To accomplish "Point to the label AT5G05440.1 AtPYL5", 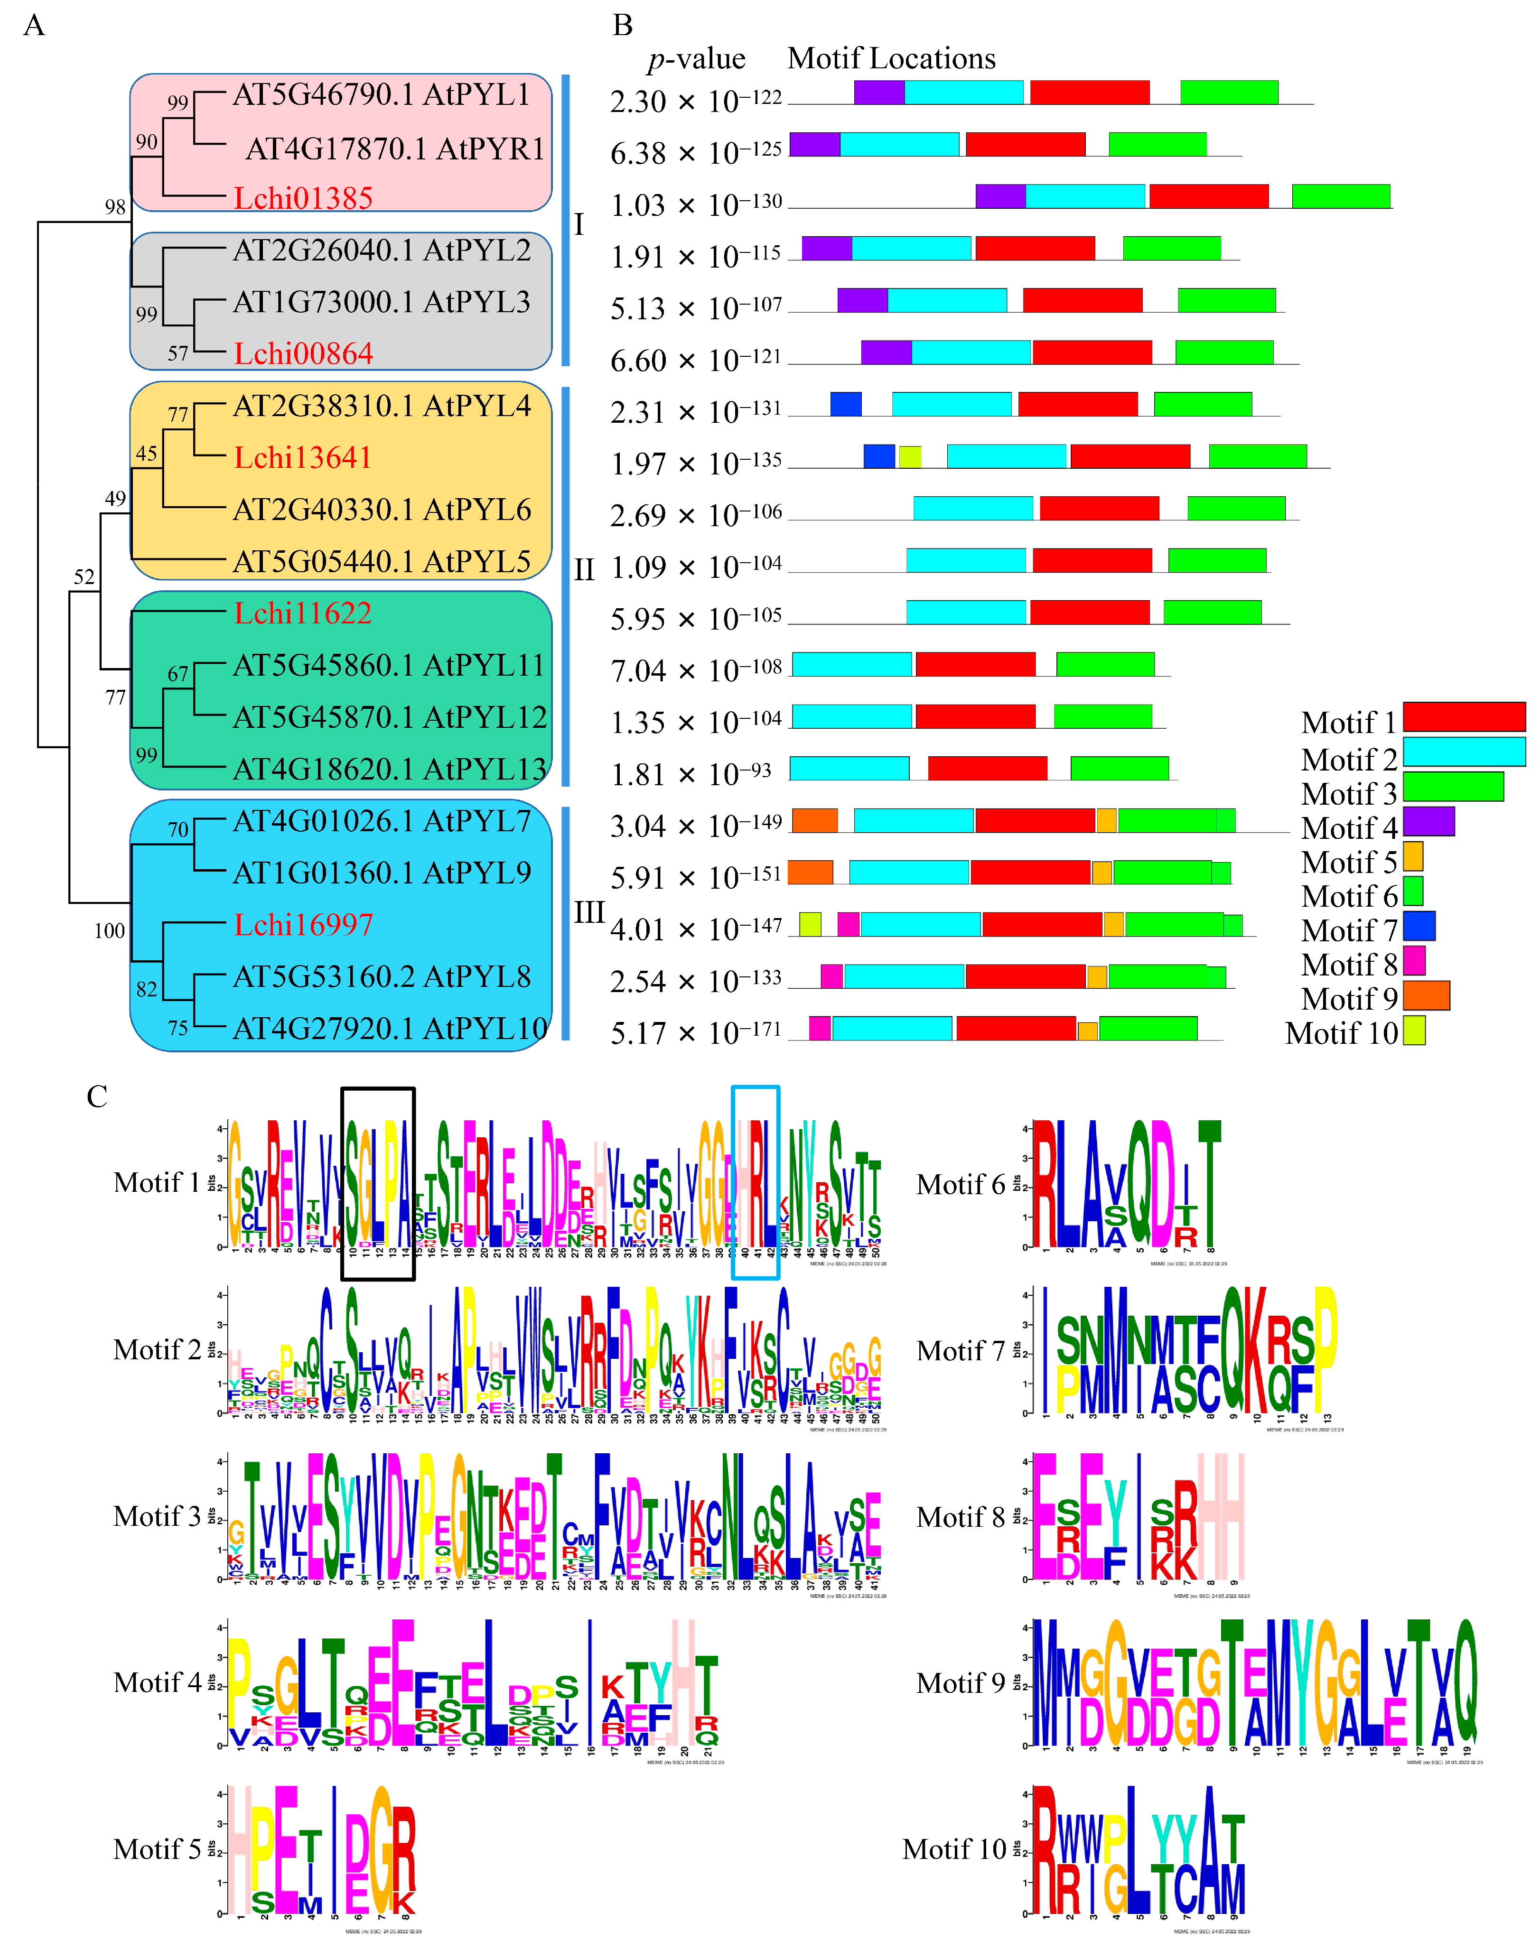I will (382, 562).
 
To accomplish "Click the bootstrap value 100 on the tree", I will (110, 931).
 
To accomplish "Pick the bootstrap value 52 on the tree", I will (84, 577).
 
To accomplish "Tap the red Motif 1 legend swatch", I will (1464, 716).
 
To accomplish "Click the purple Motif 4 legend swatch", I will (1428, 821).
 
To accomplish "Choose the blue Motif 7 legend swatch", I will (1419, 926).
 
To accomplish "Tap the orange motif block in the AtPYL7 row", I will (814, 820).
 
